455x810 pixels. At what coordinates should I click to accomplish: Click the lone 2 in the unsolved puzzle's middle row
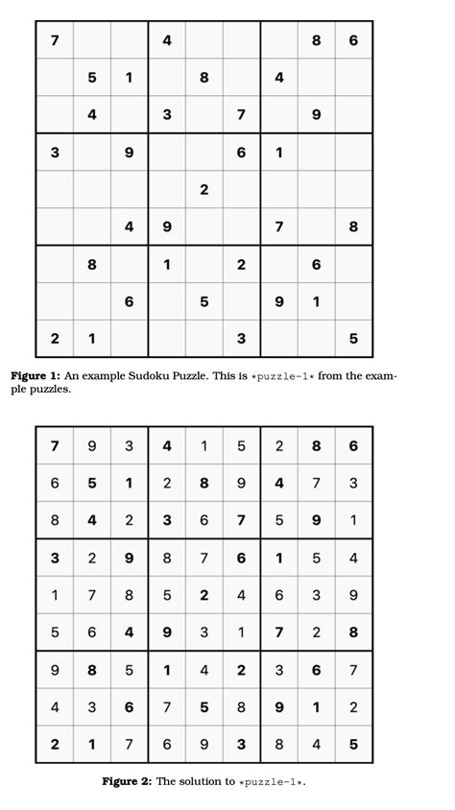[204, 189]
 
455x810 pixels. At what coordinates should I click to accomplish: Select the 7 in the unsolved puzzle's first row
[54, 40]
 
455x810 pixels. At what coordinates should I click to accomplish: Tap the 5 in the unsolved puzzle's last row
[353, 338]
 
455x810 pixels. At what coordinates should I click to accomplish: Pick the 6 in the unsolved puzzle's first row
[353, 40]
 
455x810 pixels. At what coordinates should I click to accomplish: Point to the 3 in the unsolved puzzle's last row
[241, 338]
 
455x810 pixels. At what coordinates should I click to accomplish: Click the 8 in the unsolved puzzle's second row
[204, 78]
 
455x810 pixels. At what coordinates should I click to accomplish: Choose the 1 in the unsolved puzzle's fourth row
[278, 152]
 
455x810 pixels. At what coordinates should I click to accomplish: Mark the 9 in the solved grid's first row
[91, 446]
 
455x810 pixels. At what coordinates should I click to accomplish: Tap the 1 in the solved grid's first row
[204, 446]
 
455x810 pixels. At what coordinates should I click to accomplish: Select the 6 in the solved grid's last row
[166, 744]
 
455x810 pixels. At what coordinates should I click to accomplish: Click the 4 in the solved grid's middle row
[241, 595]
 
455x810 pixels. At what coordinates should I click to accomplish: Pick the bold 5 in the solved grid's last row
[353, 744]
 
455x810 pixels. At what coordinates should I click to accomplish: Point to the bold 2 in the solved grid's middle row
[204, 595]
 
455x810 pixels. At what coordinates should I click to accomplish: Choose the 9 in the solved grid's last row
[204, 744]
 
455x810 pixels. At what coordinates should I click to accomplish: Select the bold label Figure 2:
[127, 781]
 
